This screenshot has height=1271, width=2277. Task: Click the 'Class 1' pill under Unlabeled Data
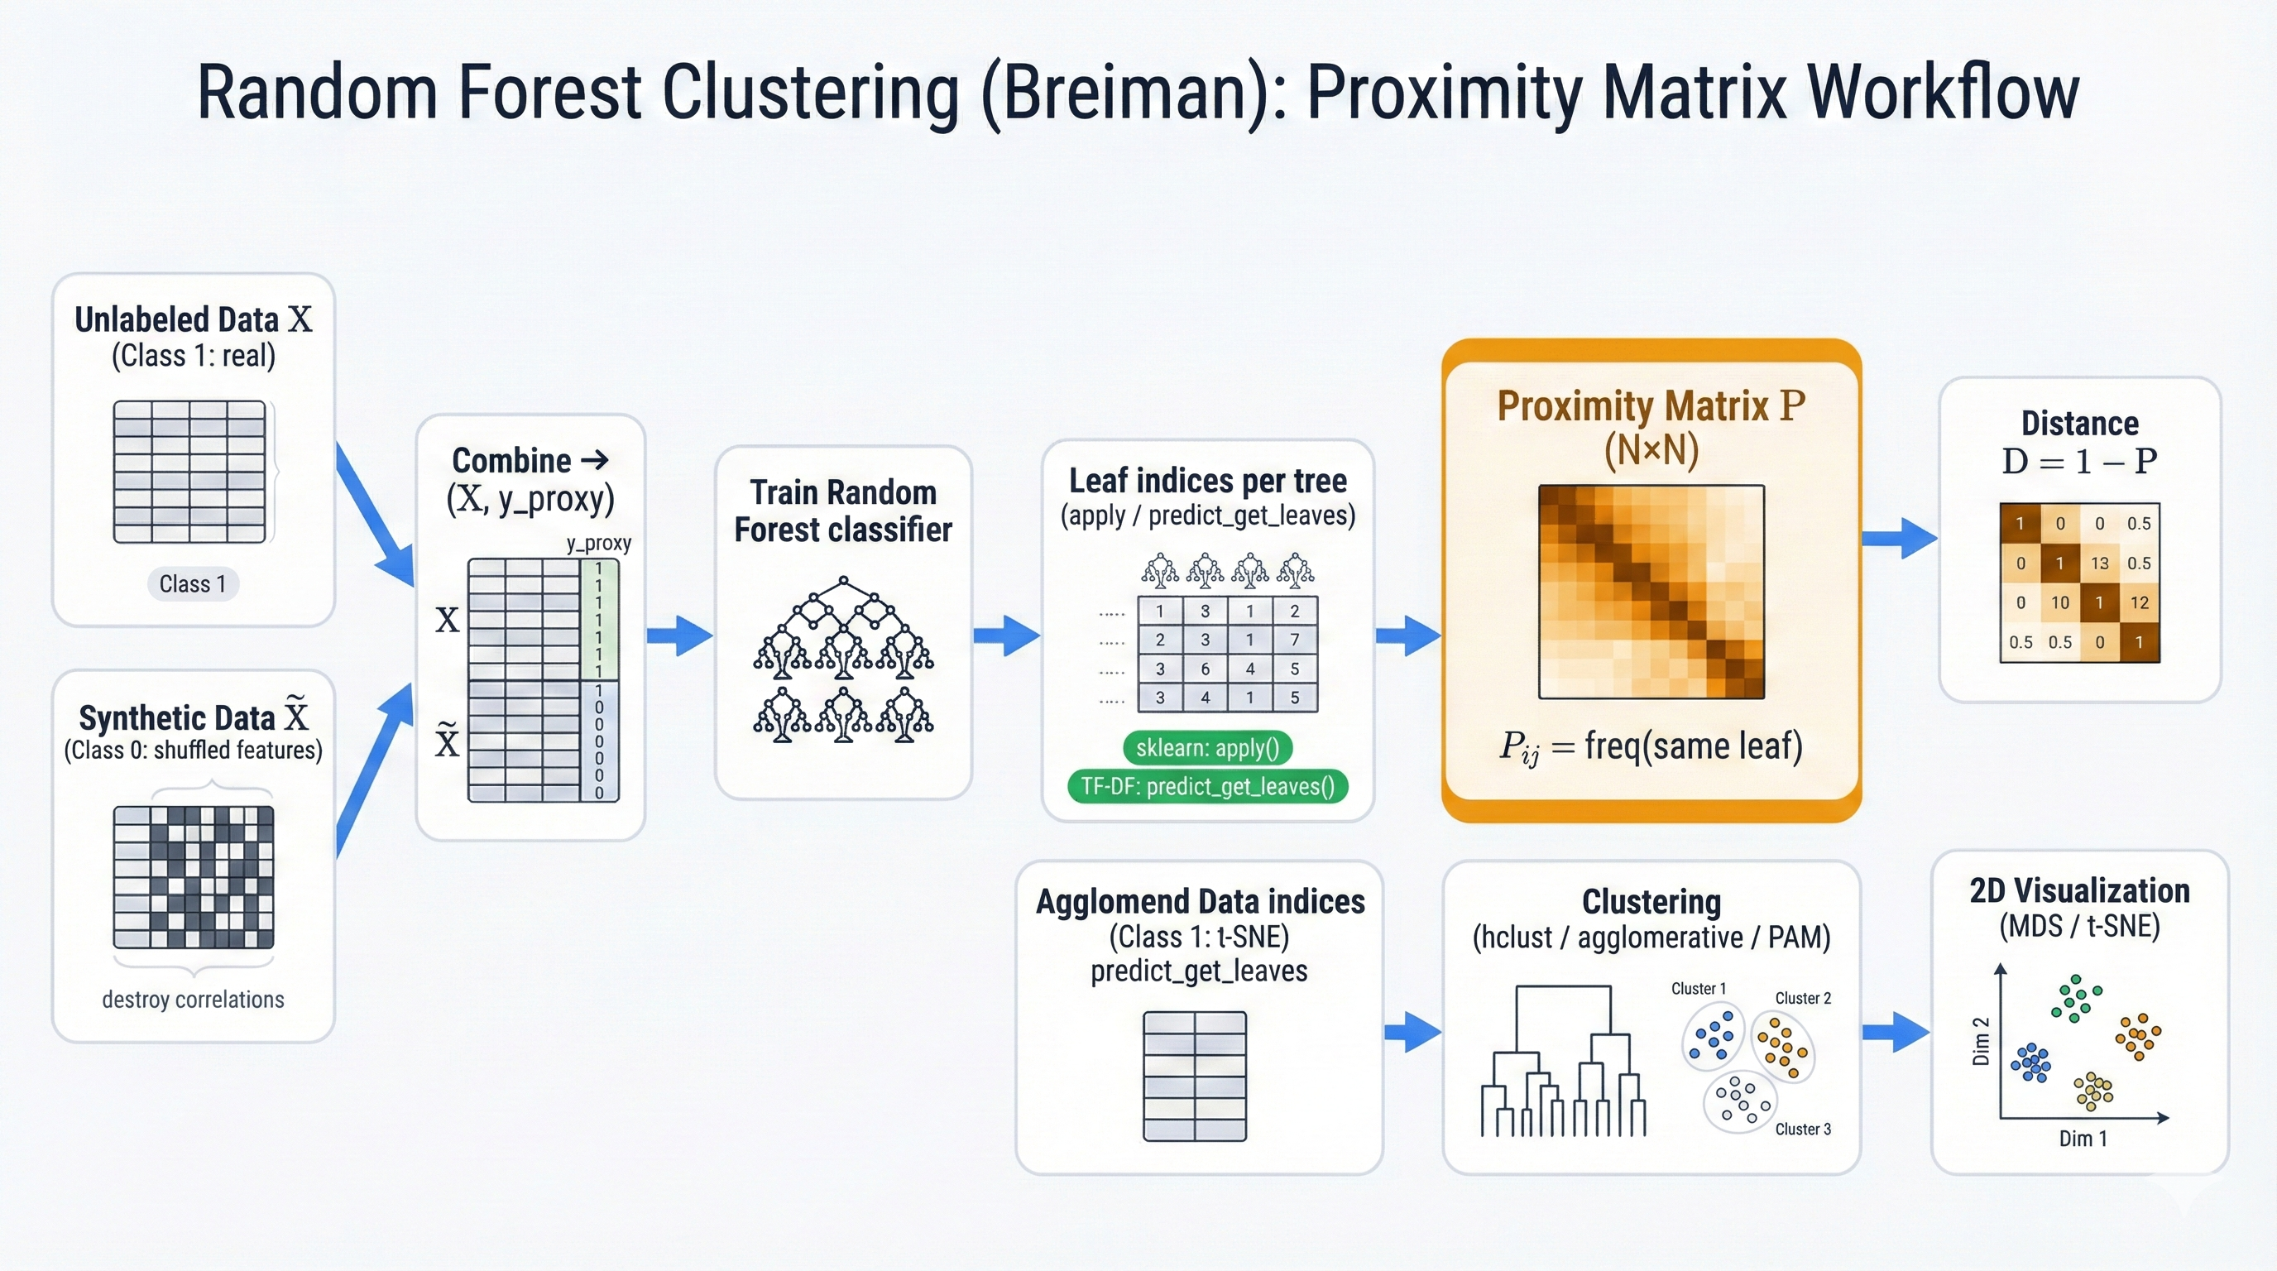pos(193,584)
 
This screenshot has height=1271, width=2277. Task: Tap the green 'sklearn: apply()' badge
pos(1207,748)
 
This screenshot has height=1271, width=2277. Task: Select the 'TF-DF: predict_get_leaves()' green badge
pos(1207,786)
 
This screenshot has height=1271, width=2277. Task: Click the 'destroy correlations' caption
pos(193,1000)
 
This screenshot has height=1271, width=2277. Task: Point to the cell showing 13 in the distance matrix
pos(2099,563)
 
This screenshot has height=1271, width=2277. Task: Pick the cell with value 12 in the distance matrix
pos(2139,602)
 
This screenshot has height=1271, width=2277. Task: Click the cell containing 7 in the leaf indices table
pos(1294,639)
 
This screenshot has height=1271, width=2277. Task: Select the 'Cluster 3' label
pos(1802,1129)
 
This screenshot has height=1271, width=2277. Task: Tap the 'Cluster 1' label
pos(1698,988)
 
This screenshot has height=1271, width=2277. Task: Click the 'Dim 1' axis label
pos(2083,1139)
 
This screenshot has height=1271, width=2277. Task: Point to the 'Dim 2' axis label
pos(1981,1040)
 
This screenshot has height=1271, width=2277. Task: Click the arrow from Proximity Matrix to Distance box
pos(1899,539)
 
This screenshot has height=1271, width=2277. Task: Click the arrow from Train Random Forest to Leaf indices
pos(1006,635)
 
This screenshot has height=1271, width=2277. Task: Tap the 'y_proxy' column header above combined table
pos(598,543)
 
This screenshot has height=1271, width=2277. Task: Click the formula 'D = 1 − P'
pos(2079,462)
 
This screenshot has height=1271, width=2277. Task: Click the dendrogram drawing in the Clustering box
pos(1563,1061)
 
